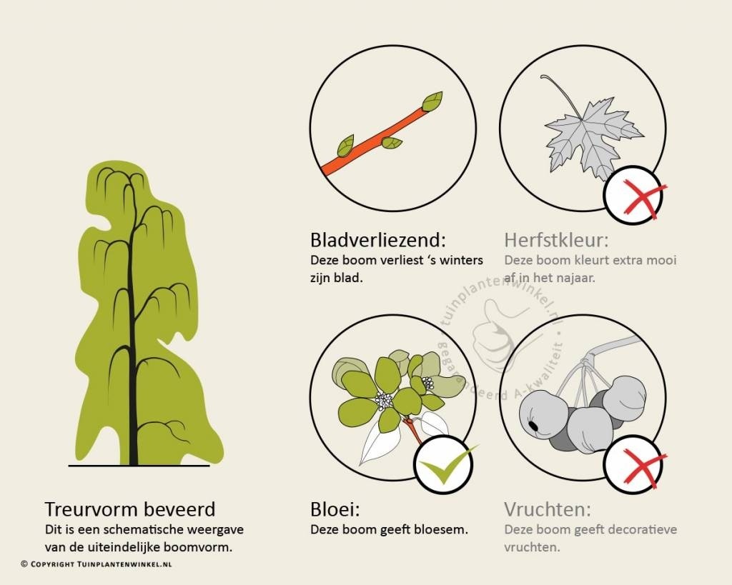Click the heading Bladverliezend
click(378, 240)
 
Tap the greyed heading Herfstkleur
click(556, 240)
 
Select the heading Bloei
click(335, 509)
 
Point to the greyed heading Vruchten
click(548, 509)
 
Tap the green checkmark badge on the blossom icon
click(443, 464)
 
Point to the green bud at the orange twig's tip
click(432, 101)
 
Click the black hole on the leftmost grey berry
click(533, 426)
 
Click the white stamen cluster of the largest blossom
click(384, 400)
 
